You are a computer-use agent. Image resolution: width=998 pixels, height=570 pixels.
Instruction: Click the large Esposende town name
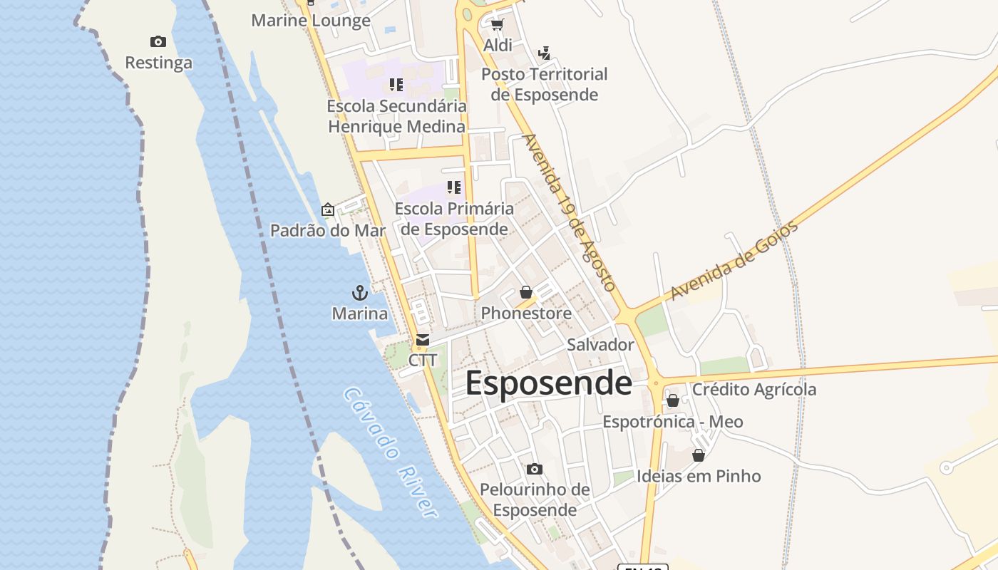coord(548,383)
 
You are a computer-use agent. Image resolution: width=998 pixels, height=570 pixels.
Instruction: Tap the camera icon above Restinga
coord(158,42)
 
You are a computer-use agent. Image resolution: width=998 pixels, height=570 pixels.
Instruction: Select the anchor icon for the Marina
coord(360,293)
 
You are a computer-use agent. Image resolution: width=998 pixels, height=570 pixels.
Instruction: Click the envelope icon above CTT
coord(423,340)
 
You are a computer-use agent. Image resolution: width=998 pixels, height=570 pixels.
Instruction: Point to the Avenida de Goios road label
coord(734,261)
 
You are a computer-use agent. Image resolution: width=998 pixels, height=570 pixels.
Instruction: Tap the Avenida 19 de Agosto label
coord(569,212)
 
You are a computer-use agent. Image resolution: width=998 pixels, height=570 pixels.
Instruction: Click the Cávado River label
coord(390,452)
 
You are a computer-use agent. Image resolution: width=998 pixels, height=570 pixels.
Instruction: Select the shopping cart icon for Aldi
coord(497,25)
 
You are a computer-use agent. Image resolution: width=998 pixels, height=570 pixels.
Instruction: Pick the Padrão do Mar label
coord(327,230)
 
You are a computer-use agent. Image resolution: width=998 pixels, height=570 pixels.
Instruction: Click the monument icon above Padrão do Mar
coord(328,209)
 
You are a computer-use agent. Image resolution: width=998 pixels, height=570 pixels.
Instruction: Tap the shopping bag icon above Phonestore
coord(526,292)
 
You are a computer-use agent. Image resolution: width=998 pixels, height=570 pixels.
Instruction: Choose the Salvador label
coord(600,345)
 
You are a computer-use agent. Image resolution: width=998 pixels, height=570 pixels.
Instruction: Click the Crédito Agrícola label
coord(754,390)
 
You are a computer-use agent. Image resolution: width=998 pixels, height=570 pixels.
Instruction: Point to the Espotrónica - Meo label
coord(673,422)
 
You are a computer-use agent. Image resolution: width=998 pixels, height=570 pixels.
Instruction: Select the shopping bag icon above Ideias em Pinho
coord(699,455)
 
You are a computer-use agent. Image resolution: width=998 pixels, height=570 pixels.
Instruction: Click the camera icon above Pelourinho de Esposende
coord(535,469)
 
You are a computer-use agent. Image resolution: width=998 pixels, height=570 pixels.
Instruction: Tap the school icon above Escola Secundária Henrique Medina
coord(396,85)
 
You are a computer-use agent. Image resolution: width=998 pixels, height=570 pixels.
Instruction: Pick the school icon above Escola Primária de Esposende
coord(454,187)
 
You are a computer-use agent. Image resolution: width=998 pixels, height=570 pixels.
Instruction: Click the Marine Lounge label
coord(311,21)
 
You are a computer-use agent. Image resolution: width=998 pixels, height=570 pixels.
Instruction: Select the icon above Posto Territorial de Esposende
coord(545,53)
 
